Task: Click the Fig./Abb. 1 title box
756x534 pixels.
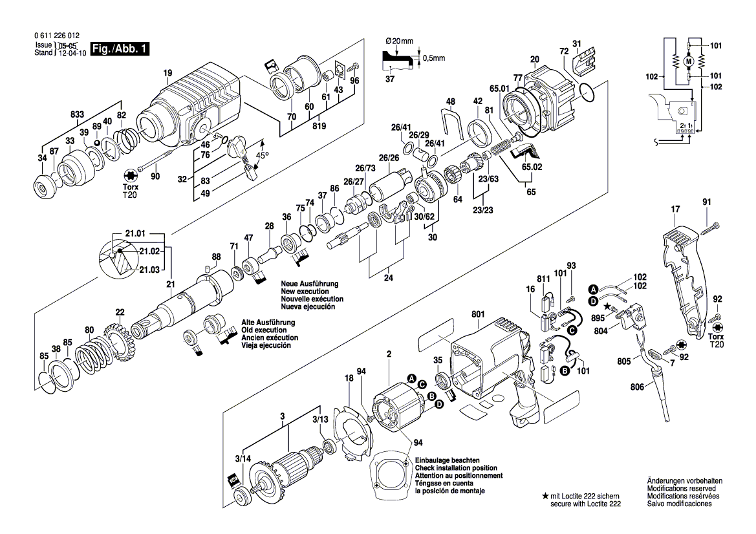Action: pos(120,49)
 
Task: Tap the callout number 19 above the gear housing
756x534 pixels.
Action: pos(168,73)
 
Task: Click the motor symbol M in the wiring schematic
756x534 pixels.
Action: pos(688,61)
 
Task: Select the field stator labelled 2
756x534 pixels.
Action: pos(393,406)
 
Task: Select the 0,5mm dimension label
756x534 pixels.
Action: pos(433,58)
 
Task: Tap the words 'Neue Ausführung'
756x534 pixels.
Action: pos(309,284)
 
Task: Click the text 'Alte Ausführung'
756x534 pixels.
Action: pos(268,323)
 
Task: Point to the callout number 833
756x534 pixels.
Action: pos(77,114)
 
